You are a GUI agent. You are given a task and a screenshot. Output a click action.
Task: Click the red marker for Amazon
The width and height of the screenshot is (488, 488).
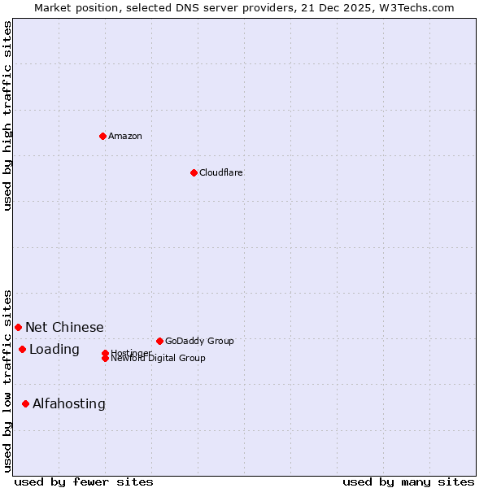point(102,136)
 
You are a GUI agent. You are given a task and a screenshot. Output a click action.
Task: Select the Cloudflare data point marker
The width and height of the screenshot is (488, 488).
point(194,172)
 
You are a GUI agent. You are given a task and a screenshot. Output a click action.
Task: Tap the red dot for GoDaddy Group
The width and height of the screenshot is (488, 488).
point(159,341)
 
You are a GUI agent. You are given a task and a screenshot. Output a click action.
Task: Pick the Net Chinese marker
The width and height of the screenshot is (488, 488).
point(18,327)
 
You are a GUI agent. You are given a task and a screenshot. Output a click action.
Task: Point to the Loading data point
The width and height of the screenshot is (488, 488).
point(22,349)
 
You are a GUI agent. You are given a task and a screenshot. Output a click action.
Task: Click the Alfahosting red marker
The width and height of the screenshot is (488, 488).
point(25,403)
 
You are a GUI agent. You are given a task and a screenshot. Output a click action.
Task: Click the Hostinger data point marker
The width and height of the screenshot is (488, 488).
point(106,353)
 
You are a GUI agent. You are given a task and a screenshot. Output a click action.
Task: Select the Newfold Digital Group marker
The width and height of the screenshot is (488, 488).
point(106,358)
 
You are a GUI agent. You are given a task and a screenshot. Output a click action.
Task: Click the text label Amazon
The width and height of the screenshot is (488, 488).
point(125,136)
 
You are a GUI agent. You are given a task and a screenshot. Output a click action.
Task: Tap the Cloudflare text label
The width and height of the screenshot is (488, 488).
point(221,172)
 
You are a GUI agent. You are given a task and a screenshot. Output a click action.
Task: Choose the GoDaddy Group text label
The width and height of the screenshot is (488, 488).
point(199,341)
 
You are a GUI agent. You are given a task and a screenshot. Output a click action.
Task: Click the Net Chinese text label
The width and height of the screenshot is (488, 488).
point(64,327)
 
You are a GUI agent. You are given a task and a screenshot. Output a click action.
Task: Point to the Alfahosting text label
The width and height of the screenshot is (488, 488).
point(69,403)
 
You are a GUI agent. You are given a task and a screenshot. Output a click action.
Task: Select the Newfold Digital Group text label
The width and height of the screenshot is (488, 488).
point(159,359)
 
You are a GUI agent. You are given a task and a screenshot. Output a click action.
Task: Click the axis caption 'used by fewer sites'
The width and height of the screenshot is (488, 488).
point(84,481)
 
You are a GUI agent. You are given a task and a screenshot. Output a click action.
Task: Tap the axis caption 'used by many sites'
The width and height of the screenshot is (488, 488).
point(408,481)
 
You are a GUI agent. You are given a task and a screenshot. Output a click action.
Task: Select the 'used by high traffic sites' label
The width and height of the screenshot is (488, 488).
point(8,115)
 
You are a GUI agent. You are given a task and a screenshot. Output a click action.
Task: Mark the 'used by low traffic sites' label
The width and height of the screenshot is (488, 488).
point(8,381)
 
